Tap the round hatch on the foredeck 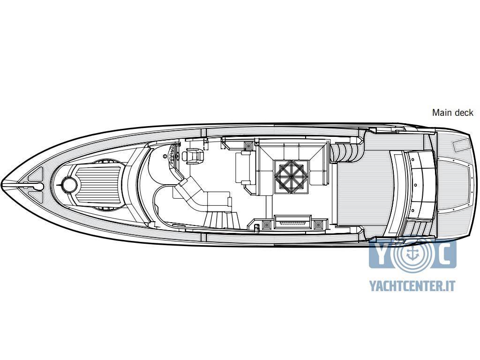point(69,185)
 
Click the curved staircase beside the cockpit point(347,151)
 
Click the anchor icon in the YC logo point(412,253)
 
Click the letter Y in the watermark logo point(382,254)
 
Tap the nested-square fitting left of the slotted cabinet point(266,225)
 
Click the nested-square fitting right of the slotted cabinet point(319,225)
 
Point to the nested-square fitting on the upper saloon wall point(248,145)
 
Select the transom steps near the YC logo point(417,228)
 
